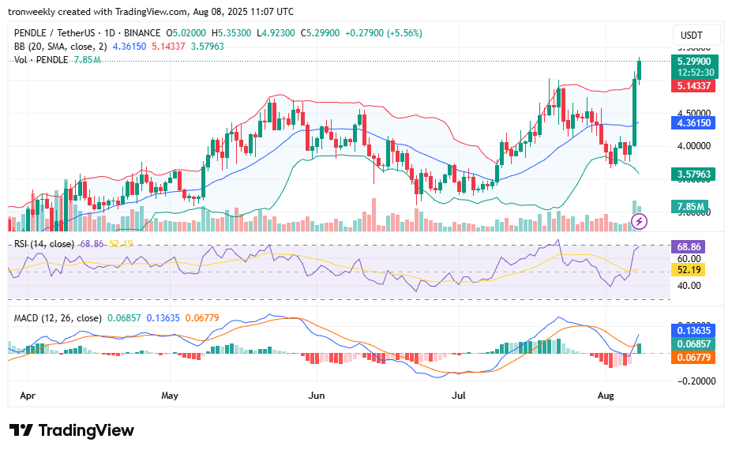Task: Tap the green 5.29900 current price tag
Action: click(x=693, y=61)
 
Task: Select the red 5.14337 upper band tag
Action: click(x=693, y=85)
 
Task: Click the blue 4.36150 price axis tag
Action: click(x=693, y=123)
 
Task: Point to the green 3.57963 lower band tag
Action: click(x=693, y=174)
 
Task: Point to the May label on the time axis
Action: click(x=170, y=393)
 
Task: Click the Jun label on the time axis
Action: click(x=317, y=393)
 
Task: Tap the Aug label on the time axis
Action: click(x=606, y=393)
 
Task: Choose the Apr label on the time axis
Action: click(x=27, y=393)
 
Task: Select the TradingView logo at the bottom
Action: click(x=72, y=430)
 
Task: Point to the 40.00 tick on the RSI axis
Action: click(x=689, y=285)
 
